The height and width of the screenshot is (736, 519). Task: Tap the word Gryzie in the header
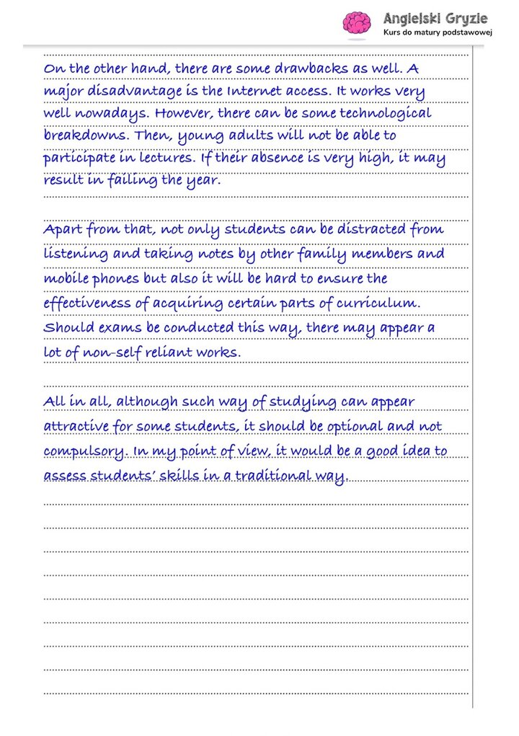(466, 17)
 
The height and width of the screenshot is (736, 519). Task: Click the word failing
(133, 181)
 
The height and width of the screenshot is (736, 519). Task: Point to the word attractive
(77, 426)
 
